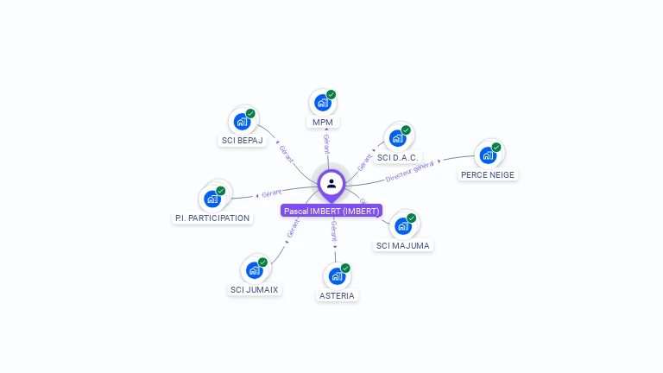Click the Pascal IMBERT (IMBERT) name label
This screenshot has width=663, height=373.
[331, 211]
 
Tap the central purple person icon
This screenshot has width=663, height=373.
[331, 183]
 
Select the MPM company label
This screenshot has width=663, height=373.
[323, 122]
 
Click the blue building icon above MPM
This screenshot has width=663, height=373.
[322, 103]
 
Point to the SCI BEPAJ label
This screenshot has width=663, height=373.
[242, 140]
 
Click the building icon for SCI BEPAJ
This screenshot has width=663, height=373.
[242, 121]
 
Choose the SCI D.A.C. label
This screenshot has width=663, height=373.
[397, 158]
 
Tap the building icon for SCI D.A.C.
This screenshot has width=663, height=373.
[397, 138]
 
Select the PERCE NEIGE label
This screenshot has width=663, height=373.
[488, 174]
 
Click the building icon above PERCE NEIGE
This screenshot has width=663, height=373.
[488, 155]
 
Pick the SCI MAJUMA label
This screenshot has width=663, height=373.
[403, 245]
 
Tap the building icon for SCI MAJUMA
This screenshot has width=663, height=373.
[402, 226]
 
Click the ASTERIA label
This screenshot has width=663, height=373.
[337, 295]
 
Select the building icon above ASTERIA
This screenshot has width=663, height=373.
[337, 276]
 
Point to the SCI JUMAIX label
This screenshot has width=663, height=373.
[255, 289]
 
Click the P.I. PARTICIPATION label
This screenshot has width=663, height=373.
[212, 218]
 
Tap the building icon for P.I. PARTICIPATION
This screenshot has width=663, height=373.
[212, 199]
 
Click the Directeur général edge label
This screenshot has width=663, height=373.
[410, 171]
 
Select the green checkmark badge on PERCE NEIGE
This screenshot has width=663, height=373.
[496, 147]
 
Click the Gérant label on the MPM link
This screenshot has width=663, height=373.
[326, 143]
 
